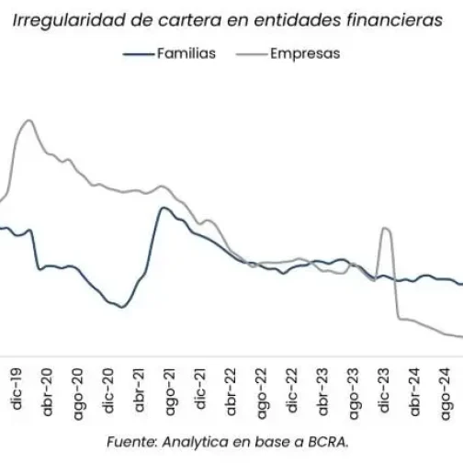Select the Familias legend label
click(x=186, y=53)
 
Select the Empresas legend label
click(x=304, y=53)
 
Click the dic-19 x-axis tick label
click(x=17, y=388)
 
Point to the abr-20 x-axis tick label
click(x=48, y=390)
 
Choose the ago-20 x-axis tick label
click(x=78, y=390)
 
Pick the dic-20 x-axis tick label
click(x=109, y=388)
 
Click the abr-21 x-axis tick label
click(x=140, y=390)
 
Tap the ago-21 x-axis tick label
click(x=170, y=390)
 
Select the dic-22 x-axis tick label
click(x=293, y=388)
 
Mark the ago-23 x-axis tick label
click(x=354, y=390)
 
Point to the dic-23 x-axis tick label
click(x=385, y=388)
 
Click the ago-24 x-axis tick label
click(x=446, y=390)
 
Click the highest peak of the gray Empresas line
click(x=29, y=120)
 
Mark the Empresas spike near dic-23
click(x=386, y=228)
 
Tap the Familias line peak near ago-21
click(x=164, y=208)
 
